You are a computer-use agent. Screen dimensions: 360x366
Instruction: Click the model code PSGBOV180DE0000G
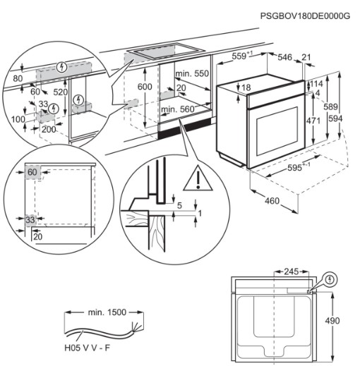305,16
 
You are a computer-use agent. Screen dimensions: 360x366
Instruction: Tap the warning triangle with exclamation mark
198,178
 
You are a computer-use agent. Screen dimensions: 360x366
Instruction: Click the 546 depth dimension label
284,57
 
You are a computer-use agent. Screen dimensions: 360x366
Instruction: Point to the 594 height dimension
335,118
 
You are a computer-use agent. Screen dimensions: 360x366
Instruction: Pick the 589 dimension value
330,106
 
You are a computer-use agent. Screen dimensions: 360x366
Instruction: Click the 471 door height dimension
313,121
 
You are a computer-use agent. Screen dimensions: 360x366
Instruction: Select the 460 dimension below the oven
272,201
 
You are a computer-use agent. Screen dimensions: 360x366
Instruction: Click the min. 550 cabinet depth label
192,73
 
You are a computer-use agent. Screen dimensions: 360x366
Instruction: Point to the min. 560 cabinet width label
178,109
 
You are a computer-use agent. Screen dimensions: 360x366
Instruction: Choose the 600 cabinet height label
145,87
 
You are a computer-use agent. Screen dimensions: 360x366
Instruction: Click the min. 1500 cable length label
107,312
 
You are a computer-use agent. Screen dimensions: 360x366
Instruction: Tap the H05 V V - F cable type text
88,348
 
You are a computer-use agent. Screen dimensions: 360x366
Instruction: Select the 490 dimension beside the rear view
332,321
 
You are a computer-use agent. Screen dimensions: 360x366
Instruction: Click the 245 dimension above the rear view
291,272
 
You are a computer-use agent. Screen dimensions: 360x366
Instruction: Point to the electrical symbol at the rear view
330,280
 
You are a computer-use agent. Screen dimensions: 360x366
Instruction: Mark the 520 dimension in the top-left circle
60,92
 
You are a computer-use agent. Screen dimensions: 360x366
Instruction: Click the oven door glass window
277,131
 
